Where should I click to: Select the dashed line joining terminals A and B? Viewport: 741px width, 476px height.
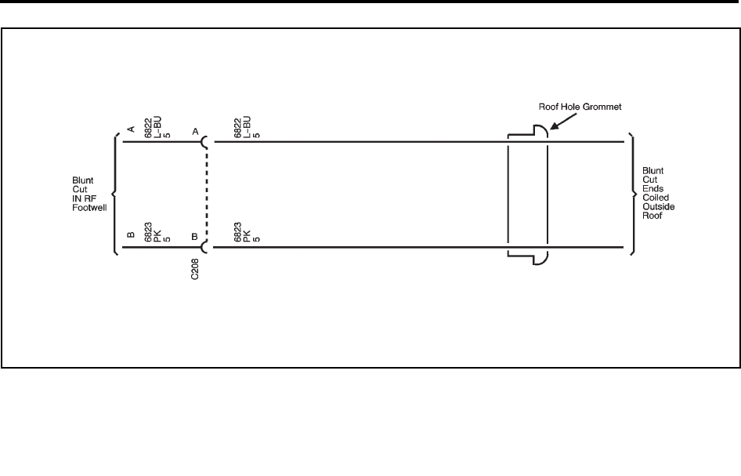(207, 194)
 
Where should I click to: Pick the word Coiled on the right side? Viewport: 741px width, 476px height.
(654, 198)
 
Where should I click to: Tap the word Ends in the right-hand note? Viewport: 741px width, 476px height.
(652, 189)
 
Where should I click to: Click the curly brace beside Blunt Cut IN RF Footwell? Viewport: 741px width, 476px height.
(116, 194)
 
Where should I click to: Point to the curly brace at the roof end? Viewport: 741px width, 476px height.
(632, 194)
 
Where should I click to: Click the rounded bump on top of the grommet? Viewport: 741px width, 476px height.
(540, 130)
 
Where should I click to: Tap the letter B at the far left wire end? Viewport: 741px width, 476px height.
(132, 234)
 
